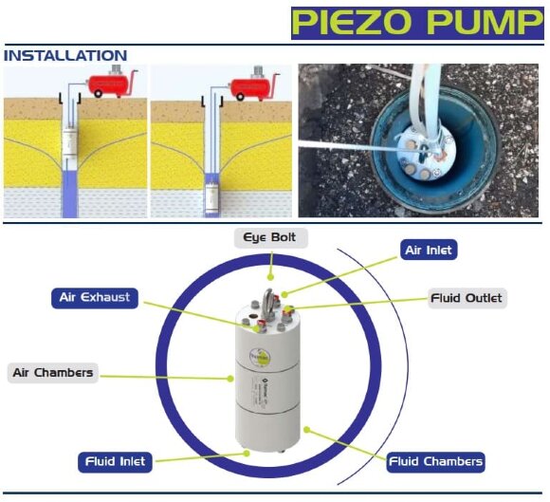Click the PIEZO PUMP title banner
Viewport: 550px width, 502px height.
(417, 22)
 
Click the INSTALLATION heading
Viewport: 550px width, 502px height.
(65, 56)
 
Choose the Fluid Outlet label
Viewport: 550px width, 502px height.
(466, 298)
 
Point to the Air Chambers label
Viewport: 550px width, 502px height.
(52, 372)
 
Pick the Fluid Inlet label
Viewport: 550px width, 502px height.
(115, 461)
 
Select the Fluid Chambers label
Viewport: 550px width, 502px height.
(436, 461)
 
